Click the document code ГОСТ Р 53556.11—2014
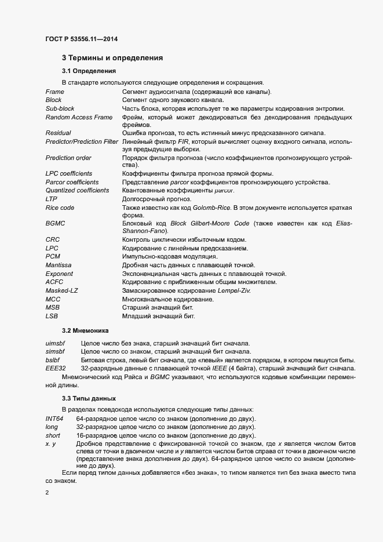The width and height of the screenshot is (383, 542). click(x=83, y=39)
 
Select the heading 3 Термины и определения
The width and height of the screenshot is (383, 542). click(x=112, y=58)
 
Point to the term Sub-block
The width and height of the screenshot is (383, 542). click(x=60, y=108)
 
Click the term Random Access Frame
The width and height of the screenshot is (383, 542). click(x=79, y=117)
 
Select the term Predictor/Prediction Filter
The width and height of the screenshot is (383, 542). click(x=82, y=141)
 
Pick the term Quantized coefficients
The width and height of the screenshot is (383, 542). click(x=77, y=190)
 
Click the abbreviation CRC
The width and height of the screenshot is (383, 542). click(x=53, y=239)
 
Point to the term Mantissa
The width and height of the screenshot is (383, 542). click(x=59, y=265)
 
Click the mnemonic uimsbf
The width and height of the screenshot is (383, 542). click(x=55, y=344)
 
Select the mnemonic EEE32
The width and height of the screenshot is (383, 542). click(x=56, y=369)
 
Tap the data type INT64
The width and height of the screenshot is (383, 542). click(x=54, y=419)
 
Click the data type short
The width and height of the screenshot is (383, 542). click(x=53, y=435)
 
